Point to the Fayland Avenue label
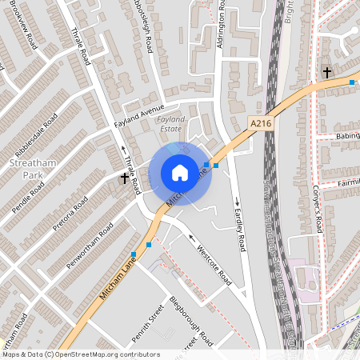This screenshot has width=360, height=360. click(138, 114)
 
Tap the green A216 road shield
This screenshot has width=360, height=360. click(260, 123)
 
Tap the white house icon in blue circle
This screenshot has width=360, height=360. click(180, 172)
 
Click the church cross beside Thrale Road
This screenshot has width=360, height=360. click(123, 180)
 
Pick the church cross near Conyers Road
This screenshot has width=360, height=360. click(327, 73)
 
